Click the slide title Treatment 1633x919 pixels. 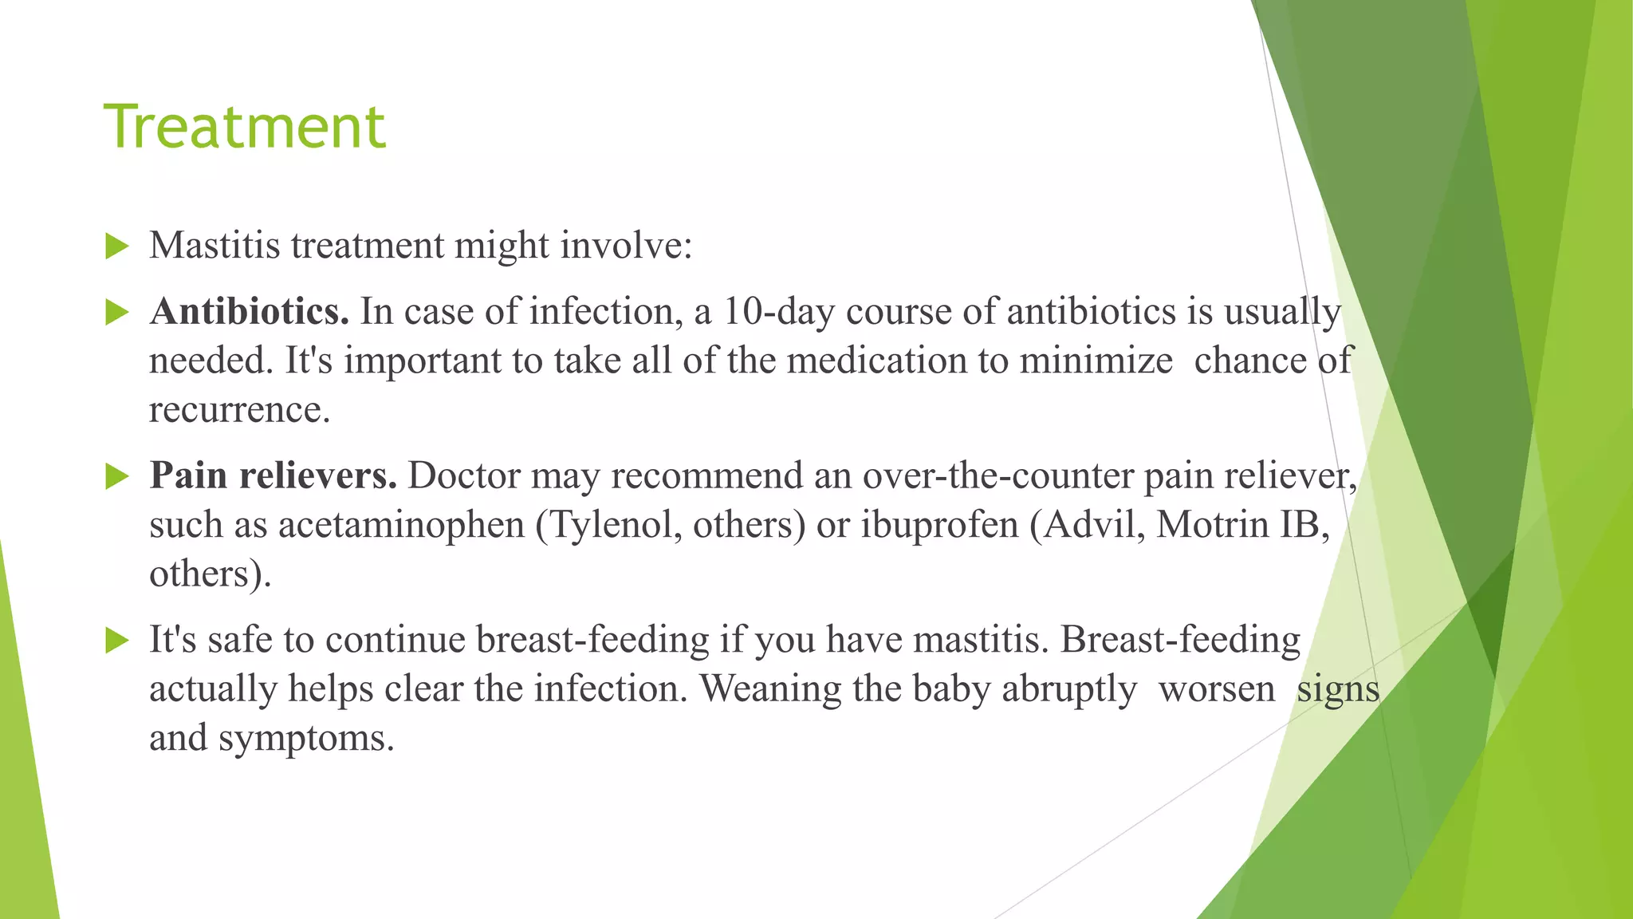[x=245, y=126]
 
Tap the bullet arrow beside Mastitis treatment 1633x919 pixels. [x=116, y=247]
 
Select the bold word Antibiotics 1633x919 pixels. [x=250, y=311]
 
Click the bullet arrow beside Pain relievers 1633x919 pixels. [x=116, y=477]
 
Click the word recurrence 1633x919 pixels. [x=239, y=410]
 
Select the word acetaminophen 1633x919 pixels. [x=401, y=525]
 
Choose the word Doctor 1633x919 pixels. [x=464, y=475]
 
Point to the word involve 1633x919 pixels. [x=626, y=245]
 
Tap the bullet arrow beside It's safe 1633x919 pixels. [x=116, y=640]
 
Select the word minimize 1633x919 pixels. [x=1096, y=361]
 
